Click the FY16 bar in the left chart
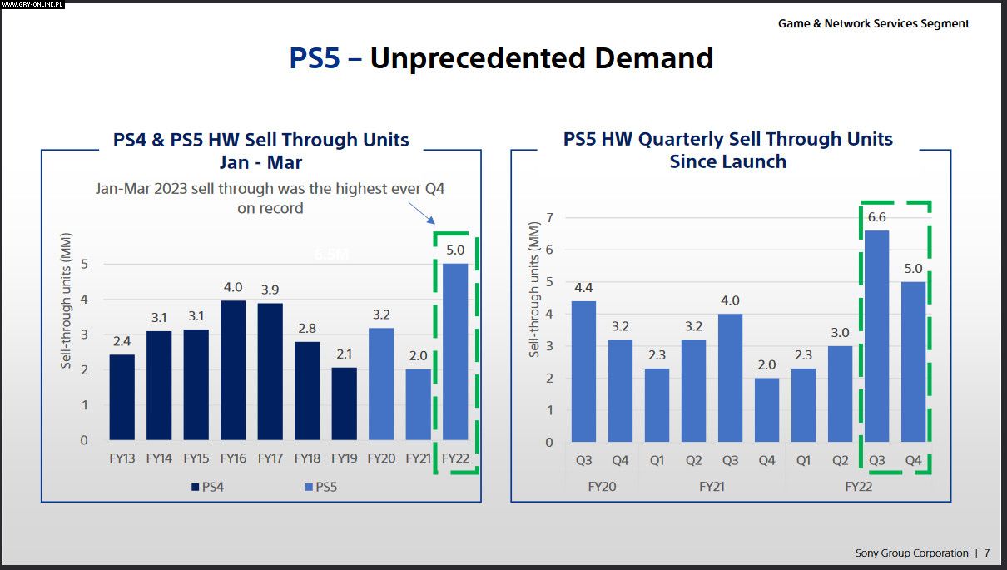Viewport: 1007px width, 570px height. click(x=233, y=370)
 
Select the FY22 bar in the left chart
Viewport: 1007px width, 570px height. click(x=455, y=351)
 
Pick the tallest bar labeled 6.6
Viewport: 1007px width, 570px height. click(x=877, y=336)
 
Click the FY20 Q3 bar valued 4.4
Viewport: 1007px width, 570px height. click(x=583, y=371)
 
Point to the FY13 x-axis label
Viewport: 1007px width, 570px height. click(x=122, y=458)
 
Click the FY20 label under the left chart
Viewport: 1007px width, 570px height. click(x=381, y=458)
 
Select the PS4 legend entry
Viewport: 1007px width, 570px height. click(x=207, y=487)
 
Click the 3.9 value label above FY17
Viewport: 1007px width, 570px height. click(x=270, y=290)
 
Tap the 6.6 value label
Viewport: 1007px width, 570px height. click(x=877, y=217)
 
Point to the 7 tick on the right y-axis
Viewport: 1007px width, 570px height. click(x=549, y=217)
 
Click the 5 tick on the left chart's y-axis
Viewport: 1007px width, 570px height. click(x=84, y=264)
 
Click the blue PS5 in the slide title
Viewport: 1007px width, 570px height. click(x=315, y=58)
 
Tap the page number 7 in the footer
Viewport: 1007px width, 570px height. click(x=987, y=553)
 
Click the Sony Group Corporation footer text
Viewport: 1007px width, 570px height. click(x=911, y=553)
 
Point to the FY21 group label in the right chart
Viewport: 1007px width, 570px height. click(x=712, y=486)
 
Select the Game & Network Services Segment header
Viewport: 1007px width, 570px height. click(x=873, y=23)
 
